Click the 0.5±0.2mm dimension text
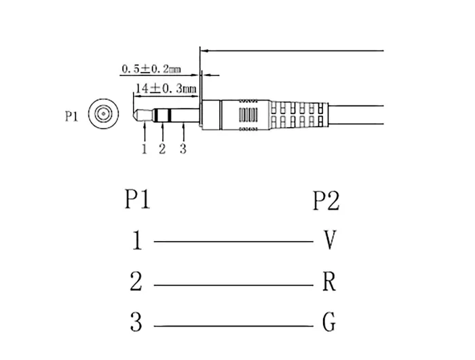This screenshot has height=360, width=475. [151, 69]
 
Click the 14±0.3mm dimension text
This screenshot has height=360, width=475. [166, 89]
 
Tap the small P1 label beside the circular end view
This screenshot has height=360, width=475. [72, 116]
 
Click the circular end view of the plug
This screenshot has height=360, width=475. [103, 113]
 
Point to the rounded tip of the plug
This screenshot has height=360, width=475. [136, 115]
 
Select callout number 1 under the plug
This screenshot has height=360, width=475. [144, 149]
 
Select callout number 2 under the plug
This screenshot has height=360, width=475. [162, 149]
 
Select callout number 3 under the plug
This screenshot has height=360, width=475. [183, 149]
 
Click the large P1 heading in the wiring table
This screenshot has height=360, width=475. [138, 199]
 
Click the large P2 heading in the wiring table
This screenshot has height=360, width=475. [326, 200]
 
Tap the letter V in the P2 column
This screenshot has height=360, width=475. [329, 240]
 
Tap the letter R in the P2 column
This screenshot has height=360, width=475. [329, 281]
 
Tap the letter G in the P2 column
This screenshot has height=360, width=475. [329, 322]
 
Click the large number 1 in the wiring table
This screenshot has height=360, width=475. [137, 240]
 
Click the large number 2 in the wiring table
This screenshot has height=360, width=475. [136, 281]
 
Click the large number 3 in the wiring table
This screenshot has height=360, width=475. [136, 322]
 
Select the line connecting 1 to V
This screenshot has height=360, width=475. [233, 242]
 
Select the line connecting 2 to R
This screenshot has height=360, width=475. [233, 285]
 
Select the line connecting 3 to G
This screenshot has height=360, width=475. [233, 326]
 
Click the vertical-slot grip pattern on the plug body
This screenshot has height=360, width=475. [248, 115]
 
